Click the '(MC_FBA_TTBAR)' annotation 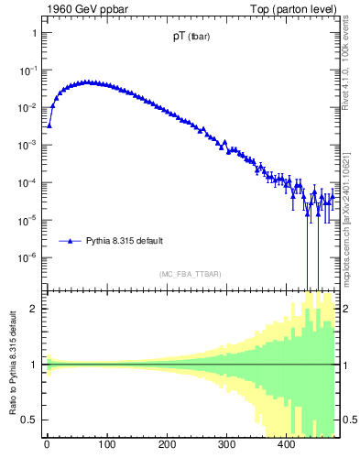191,274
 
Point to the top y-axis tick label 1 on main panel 33,33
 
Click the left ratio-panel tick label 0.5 28,420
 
